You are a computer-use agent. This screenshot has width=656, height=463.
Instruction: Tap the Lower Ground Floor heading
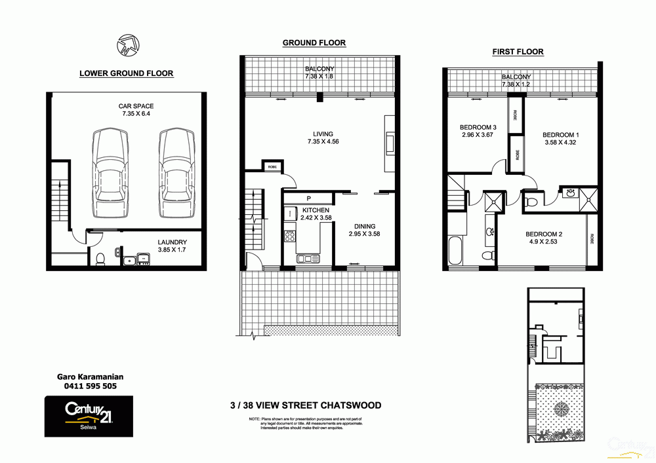pos(126,73)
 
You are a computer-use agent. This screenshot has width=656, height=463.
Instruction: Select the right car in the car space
pos(177,174)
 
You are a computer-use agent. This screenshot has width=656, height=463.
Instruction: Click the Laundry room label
pos(172,242)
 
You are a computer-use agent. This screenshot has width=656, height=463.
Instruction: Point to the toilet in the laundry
pos(100,259)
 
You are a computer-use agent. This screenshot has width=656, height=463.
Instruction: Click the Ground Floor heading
pos(314,43)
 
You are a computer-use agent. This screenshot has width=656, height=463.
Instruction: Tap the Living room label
pos(322,134)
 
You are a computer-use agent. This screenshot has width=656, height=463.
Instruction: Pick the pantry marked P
pos(308,199)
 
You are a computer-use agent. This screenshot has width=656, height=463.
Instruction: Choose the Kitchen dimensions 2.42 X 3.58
pos(316,217)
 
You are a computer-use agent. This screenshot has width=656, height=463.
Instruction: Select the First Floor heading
pos(518,52)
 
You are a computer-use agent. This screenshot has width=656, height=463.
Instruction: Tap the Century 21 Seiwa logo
pos(89,415)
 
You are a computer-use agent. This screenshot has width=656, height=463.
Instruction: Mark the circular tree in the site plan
pos(562,409)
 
